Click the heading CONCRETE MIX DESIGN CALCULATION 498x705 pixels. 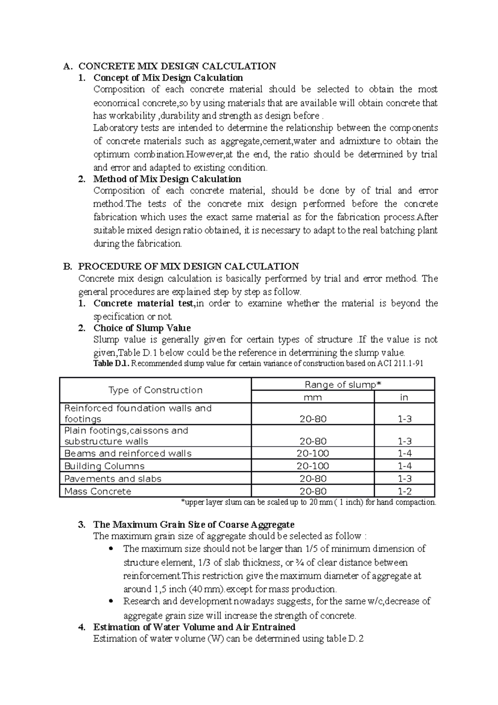[x=177, y=66]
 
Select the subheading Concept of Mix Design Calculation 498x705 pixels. [x=168, y=78]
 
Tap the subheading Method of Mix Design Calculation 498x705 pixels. [x=167, y=179]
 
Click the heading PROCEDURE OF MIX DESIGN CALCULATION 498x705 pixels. [x=188, y=267]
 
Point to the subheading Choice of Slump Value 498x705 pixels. [x=142, y=328]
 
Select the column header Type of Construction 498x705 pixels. [x=155, y=390]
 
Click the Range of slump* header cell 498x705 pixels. [x=342, y=384]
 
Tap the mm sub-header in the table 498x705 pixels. [x=312, y=397]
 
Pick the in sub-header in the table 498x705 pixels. [x=404, y=397]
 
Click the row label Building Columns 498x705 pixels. [x=104, y=466]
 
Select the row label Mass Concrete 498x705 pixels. [x=98, y=492]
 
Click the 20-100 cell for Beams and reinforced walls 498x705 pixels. [x=312, y=453]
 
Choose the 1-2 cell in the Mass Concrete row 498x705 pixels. [x=404, y=492]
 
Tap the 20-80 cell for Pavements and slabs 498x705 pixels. [x=312, y=479]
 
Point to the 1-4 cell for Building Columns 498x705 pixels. [x=404, y=466]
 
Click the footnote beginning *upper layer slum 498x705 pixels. [x=309, y=502]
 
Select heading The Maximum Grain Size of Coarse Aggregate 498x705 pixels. [x=194, y=524]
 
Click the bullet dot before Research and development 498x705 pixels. [x=110, y=601]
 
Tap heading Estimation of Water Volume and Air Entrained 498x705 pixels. [x=194, y=627]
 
